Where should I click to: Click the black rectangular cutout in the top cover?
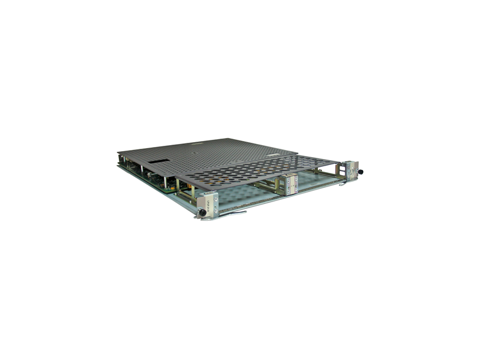(x=157, y=161)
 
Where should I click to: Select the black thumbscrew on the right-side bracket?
(x=361, y=172)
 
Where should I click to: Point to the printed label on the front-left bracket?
(x=209, y=202)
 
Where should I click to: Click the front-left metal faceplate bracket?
(x=208, y=203)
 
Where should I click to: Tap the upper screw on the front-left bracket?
(x=214, y=196)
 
